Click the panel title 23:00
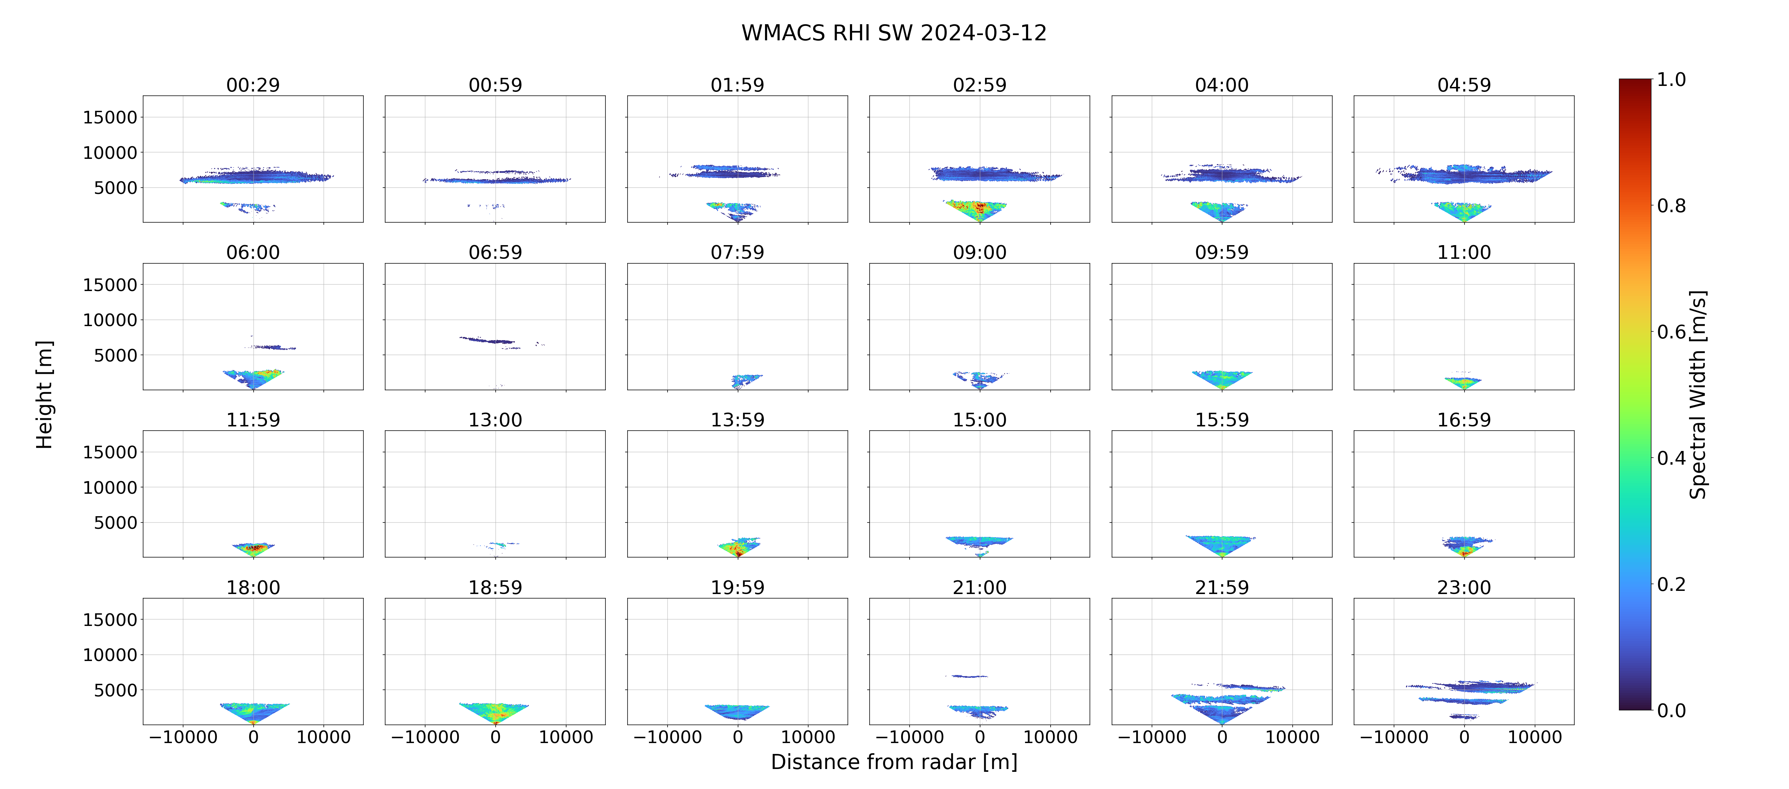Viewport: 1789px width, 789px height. (x=1464, y=588)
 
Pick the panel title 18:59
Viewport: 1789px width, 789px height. (x=495, y=588)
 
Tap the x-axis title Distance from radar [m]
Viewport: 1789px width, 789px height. (x=894, y=762)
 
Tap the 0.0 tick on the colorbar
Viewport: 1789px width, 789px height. (x=1671, y=710)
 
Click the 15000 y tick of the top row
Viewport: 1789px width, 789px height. (x=110, y=117)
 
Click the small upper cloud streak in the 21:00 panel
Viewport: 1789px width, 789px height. (x=966, y=676)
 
